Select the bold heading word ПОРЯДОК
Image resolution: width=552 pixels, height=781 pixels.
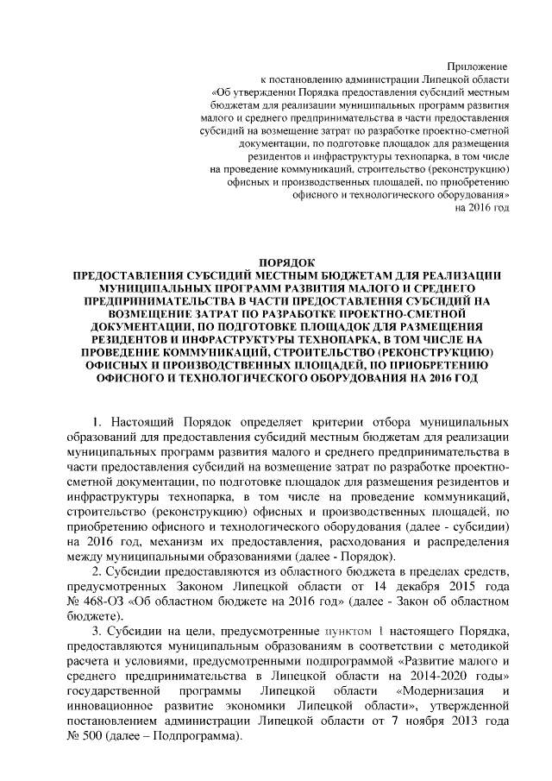[x=288, y=262]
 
